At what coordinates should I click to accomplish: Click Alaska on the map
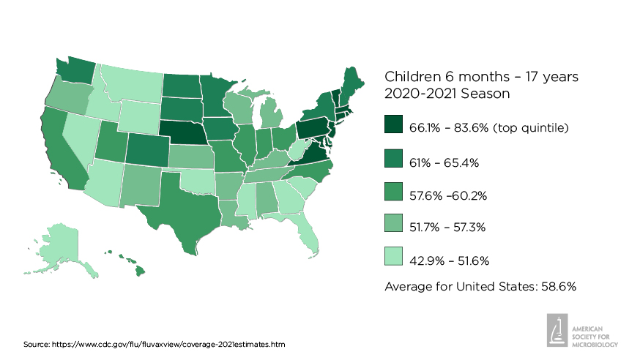click(62, 245)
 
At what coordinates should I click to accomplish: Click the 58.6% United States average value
click(560, 286)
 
